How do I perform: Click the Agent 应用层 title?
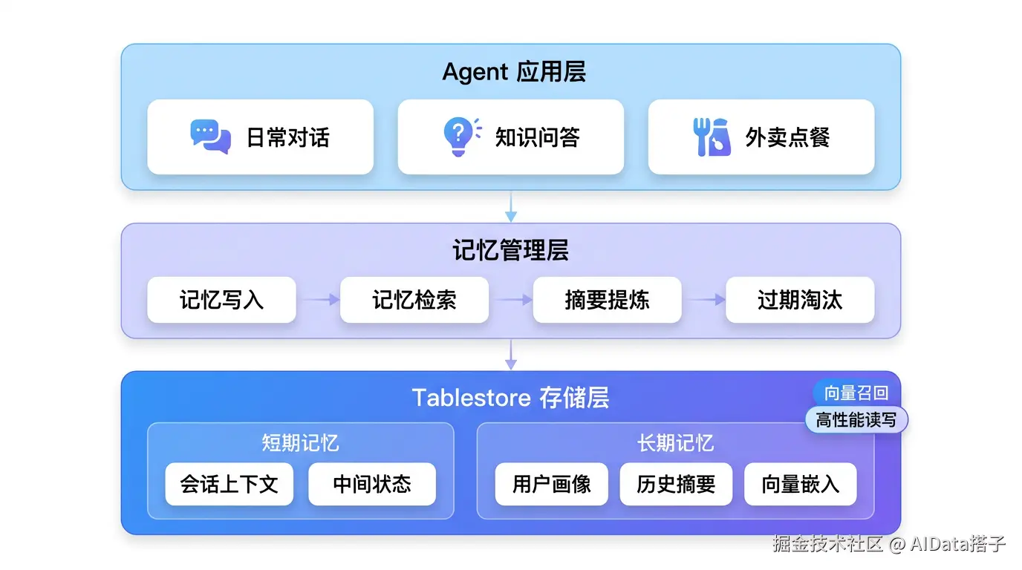tap(514, 71)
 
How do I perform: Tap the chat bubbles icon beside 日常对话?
tap(210, 137)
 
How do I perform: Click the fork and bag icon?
tap(712, 137)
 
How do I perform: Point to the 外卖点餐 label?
tap(787, 137)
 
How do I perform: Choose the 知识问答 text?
tap(538, 137)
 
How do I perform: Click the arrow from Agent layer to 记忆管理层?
tap(511, 206)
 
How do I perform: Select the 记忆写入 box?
tap(222, 300)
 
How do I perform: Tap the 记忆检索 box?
tap(414, 300)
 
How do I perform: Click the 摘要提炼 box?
tap(608, 300)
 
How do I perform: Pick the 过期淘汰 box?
tap(800, 300)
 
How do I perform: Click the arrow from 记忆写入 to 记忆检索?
tap(321, 300)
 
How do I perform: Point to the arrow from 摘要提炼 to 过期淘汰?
tap(706, 300)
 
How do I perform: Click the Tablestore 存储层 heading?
tap(510, 398)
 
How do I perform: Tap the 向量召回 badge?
tap(856, 393)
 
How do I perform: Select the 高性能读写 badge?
tap(856, 419)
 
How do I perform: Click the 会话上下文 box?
tap(229, 484)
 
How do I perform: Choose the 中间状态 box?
tap(372, 484)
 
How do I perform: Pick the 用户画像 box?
tap(552, 484)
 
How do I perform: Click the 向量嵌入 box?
tap(801, 484)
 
